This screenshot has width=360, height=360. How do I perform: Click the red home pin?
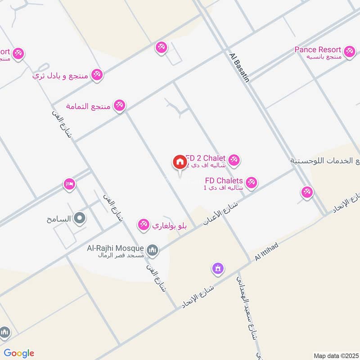point(179,162)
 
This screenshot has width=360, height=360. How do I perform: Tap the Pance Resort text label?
point(318,49)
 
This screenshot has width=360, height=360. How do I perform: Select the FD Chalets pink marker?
point(251,182)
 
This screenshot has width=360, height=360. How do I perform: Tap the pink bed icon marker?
point(69,184)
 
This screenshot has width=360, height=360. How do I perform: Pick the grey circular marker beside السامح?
point(80,219)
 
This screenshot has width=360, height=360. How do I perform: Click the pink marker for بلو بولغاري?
point(144,224)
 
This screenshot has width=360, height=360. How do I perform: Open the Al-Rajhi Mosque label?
point(116,248)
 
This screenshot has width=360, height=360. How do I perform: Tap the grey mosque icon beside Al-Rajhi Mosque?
point(153,250)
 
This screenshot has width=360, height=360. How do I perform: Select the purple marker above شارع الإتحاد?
point(218,269)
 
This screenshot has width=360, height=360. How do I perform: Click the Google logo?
point(18,353)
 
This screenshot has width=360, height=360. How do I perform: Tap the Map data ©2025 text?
point(335,355)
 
